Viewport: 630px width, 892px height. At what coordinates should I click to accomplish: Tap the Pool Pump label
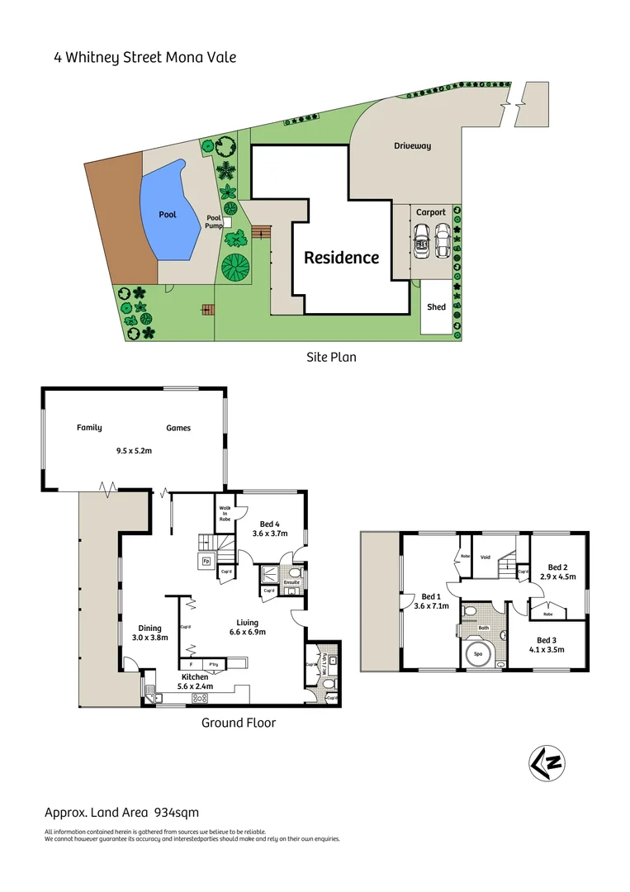point(214,221)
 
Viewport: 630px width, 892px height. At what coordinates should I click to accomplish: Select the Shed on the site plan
point(436,307)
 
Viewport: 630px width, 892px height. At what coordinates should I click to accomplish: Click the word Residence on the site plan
point(341,258)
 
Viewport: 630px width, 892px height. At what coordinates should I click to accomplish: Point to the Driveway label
point(412,146)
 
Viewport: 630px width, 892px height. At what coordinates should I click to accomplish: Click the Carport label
point(430,212)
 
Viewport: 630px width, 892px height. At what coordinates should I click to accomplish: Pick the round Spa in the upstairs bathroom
point(478,656)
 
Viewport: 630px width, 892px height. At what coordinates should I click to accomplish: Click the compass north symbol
point(545,764)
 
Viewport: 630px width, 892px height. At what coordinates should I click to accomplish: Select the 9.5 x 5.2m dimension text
point(134,451)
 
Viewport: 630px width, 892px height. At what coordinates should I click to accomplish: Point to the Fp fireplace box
point(206,562)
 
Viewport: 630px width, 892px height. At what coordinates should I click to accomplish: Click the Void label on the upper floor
point(486,557)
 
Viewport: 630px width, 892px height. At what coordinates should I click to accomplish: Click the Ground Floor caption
point(239,723)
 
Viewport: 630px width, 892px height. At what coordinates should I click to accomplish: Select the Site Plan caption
point(330,358)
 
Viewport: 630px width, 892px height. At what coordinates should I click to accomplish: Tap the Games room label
point(178,428)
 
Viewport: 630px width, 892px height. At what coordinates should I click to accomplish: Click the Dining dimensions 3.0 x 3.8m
point(150,638)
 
